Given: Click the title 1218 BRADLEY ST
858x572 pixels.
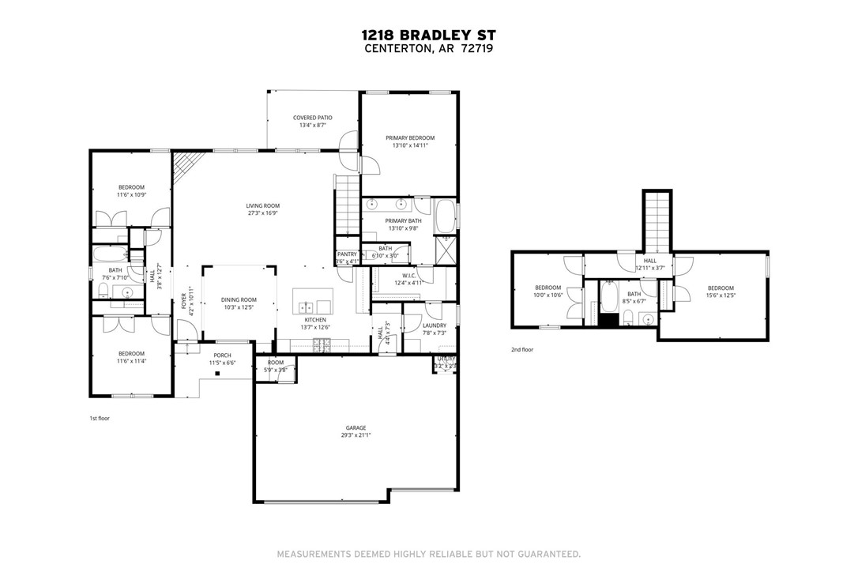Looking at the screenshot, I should click(429, 36).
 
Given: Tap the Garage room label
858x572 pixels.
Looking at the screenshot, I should click(356, 427).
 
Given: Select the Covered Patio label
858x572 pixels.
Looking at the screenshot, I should click(313, 118).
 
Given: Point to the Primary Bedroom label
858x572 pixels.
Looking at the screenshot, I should click(409, 137).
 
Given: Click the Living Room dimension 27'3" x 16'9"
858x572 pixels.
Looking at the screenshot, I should click(263, 213).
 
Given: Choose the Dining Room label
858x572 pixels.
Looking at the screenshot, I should click(239, 299).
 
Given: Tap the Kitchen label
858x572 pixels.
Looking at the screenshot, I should click(314, 320).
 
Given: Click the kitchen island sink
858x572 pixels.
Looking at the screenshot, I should click(305, 306).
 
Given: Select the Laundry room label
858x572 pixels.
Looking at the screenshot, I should click(435, 326).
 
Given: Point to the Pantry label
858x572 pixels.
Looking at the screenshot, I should click(347, 254).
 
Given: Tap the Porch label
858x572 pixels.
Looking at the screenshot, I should click(221, 356).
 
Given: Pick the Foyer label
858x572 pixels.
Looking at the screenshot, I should click(183, 300).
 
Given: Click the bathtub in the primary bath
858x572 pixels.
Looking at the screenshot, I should click(446, 216).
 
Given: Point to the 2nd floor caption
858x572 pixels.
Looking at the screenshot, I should click(521, 349).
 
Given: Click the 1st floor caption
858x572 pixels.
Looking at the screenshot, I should click(100, 418).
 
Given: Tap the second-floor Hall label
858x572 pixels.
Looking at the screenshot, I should click(649, 260).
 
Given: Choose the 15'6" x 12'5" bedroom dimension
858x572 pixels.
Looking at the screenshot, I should click(721, 295).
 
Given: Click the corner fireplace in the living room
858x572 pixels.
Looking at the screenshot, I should click(183, 165).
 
